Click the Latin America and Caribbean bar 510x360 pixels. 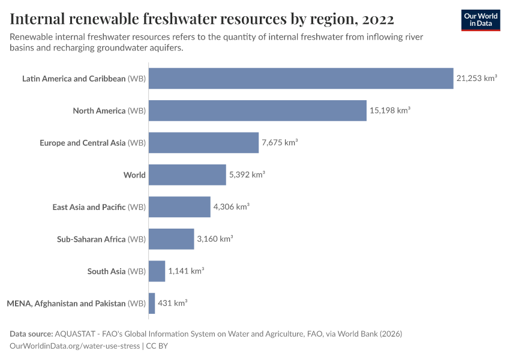pyautogui.click(x=301, y=79)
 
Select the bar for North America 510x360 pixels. pyautogui.click(x=257, y=110)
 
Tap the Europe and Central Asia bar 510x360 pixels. pyautogui.click(x=203, y=143)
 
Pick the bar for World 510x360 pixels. pyautogui.click(x=187, y=175)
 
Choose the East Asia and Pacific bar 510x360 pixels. pyautogui.click(x=179, y=207)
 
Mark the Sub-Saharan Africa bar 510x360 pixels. pyautogui.click(x=171, y=239)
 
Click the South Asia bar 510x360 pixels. pyautogui.click(x=157, y=271)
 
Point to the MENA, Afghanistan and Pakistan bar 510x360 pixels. pyautogui.click(x=152, y=303)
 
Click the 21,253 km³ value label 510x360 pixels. pyautogui.click(x=476, y=79)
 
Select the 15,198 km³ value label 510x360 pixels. pyautogui.click(x=389, y=110)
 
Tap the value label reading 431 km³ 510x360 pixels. pyautogui.click(x=172, y=303)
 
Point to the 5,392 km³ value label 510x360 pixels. pyautogui.click(x=247, y=175)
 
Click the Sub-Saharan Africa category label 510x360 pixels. pyautogui.click(x=101, y=239)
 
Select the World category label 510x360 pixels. pyautogui.click(x=134, y=175)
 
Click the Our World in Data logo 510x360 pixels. pyautogui.click(x=481, y=20)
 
